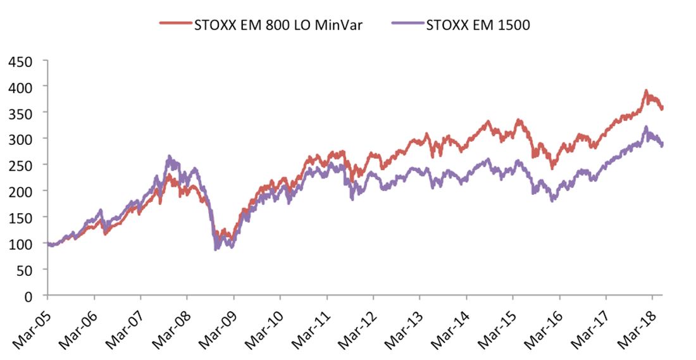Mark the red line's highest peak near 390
pos(646,91)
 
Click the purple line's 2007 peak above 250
pos(169,157)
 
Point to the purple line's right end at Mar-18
pos(662,145)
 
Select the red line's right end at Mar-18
pos(662,108)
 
